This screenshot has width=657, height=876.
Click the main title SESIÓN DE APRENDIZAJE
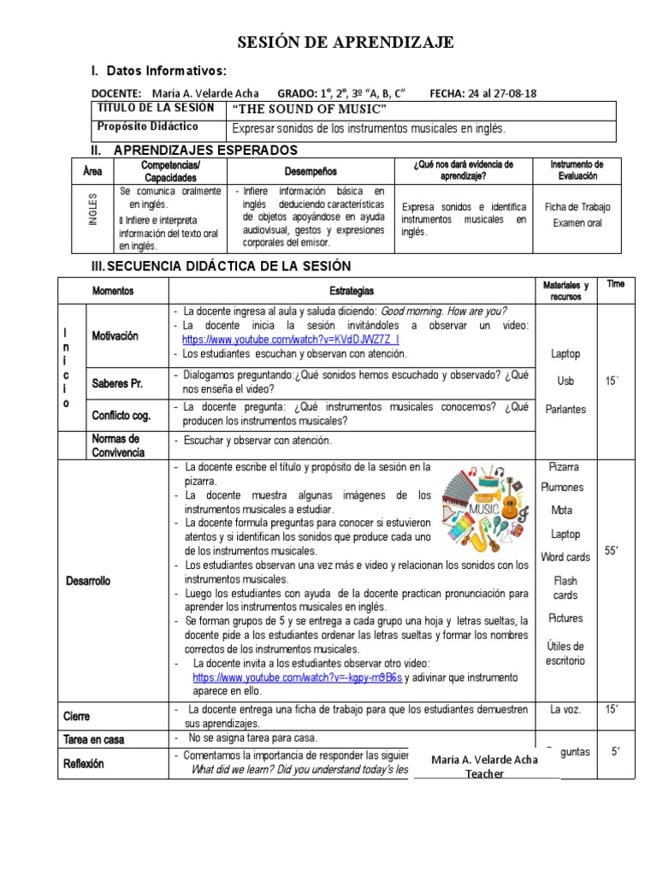click(346, 44)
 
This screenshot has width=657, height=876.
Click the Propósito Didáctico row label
click(146, 127)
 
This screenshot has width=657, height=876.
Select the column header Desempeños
click(311, 170)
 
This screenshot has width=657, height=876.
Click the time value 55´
click(611, 551)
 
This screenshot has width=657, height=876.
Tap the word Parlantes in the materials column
click(565, 409)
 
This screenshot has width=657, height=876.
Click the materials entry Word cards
click(565, 557)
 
